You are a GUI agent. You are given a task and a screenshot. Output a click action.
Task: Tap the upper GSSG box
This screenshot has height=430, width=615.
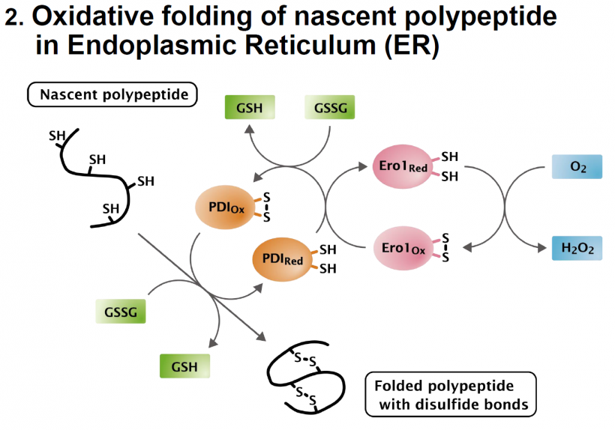point(329,107)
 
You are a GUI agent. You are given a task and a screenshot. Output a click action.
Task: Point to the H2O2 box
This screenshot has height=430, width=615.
point(577,249)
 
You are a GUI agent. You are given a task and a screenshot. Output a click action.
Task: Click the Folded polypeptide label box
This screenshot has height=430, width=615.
point(450,395)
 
